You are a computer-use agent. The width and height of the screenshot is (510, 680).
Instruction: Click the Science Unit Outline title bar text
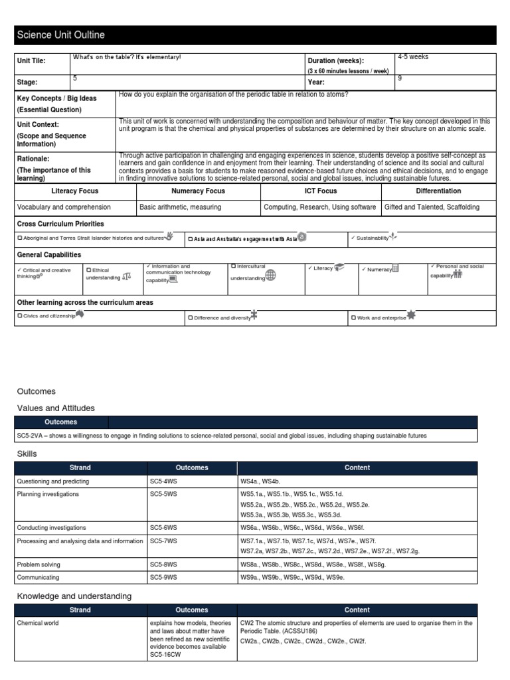pos(60,35)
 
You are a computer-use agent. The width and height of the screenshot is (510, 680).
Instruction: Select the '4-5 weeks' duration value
pos(412,57)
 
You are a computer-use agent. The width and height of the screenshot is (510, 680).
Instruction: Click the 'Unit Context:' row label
pos(38,124)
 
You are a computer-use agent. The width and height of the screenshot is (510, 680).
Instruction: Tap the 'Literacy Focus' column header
pos(74,191)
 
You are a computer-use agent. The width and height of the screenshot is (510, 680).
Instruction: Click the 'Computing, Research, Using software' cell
pos(319,207)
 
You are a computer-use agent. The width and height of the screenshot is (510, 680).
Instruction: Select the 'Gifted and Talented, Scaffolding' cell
pos(432,207)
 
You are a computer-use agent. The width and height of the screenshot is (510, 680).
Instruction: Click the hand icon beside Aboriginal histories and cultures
pos(169,236)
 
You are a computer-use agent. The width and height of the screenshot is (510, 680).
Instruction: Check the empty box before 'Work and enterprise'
pos(353,317)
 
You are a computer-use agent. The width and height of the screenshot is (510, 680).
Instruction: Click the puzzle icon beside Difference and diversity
pos(254,316)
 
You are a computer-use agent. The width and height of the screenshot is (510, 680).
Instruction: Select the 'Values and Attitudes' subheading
pos(56,408)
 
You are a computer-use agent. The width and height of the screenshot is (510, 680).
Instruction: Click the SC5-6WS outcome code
pos(163,527)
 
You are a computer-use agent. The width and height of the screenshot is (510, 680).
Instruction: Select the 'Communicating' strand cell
pos(37,577)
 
